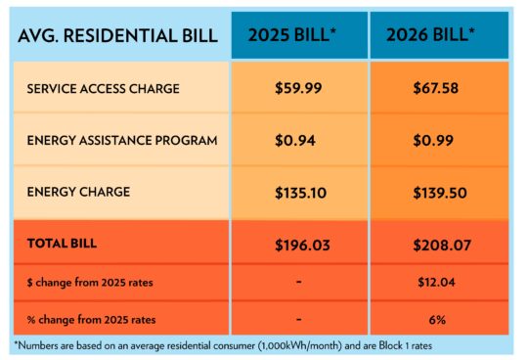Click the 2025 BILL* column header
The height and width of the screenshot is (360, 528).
[x=298, y=36]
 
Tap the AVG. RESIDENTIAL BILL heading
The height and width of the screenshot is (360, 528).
[x=116, y=36]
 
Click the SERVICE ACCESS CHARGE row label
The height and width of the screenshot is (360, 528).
[x=104, y=89]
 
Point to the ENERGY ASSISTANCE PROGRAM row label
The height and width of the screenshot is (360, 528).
[x=122, y=140]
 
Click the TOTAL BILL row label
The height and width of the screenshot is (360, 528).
[x=62, y=241]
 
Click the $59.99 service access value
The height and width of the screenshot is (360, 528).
[x=298, y=89]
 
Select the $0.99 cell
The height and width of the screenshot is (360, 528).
[x=435, y=140]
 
